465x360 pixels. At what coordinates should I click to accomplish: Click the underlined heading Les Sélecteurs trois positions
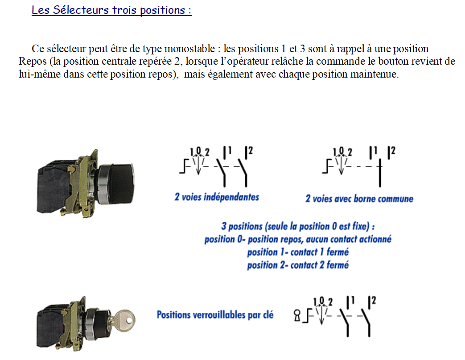click(x=111, y=10)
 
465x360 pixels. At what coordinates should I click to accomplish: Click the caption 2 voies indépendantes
click(x=217, y=197)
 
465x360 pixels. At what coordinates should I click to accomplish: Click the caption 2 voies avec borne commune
click(x=359, y=199)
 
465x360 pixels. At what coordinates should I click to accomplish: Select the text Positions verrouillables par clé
click(x=215, y=315)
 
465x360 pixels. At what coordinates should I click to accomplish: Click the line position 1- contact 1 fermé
click(x=298, y=252)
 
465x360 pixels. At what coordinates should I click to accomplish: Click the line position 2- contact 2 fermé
click(x=298, y=265)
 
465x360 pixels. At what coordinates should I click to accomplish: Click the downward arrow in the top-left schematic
click(x=198, y=166)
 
